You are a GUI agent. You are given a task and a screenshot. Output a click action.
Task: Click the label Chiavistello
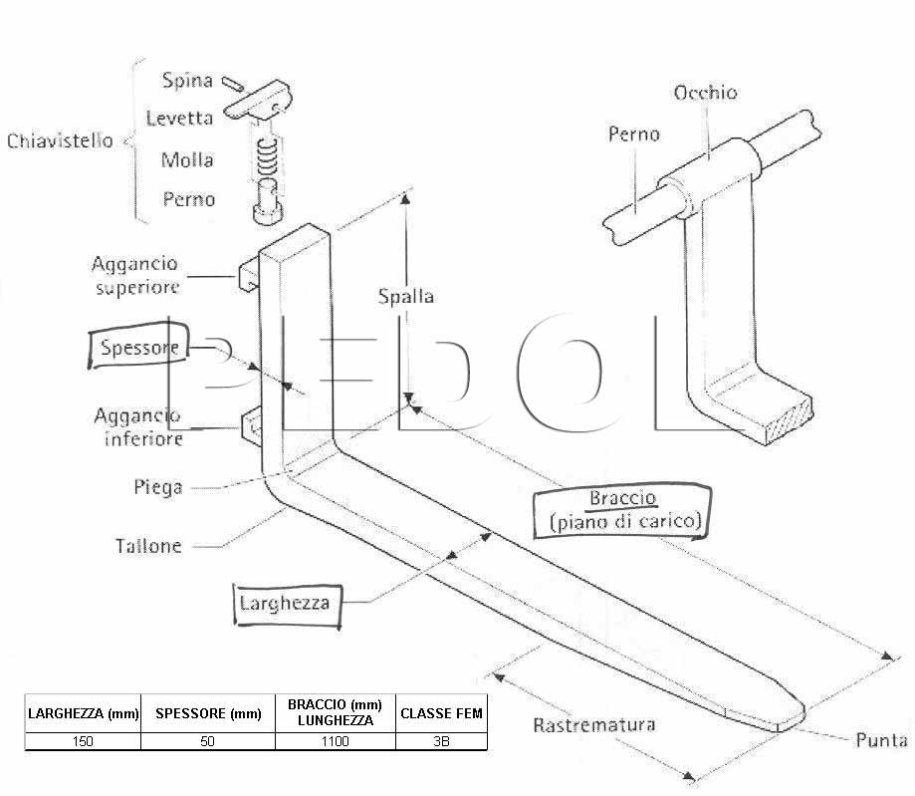click(60, 140)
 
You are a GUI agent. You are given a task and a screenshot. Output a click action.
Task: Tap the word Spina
click(187, 81)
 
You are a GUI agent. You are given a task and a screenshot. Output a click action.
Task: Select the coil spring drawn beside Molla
click(267, 156)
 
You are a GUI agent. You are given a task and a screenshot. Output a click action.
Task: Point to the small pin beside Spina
click(233, 84)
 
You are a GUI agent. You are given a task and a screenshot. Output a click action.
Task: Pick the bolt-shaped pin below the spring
click(268, 201)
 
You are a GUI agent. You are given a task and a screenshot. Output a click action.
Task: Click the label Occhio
click(705, 93)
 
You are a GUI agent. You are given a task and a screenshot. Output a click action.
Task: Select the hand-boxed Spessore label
click(138, 347)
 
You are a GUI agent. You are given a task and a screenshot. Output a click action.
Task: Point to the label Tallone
click(148, 546)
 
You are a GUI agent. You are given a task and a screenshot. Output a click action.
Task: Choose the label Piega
click(157, 487)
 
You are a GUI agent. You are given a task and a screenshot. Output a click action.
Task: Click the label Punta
click(881, 740)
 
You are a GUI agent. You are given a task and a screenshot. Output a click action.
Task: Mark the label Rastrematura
click(594, 724)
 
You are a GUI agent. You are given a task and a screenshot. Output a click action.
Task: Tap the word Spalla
click(406, 296)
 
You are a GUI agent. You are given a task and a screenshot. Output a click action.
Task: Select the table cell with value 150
click(83, 741)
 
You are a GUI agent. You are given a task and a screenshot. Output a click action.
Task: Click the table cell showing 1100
click(335, 741)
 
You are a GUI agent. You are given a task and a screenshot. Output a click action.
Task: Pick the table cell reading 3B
click(441, 741)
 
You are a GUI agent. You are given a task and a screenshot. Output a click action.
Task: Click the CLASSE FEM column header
click(441, 713)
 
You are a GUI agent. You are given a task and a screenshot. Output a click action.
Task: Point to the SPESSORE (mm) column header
click(208, 713)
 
